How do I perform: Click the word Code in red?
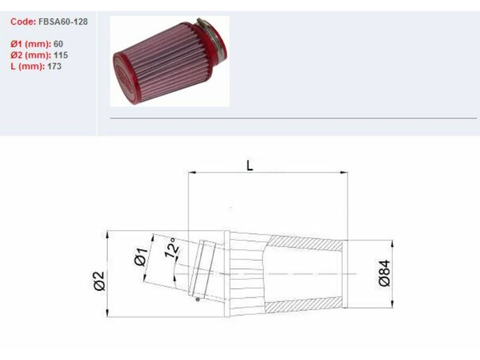(23, 21)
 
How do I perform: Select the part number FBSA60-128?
(63, 21)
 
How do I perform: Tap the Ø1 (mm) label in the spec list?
(31, 44)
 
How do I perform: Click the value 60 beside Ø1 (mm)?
(58, 44)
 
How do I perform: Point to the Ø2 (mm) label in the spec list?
(31, 55)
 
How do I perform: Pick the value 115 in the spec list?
(61, 55)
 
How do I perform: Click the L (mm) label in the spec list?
(27, 67)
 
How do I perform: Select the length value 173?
(54, 67)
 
